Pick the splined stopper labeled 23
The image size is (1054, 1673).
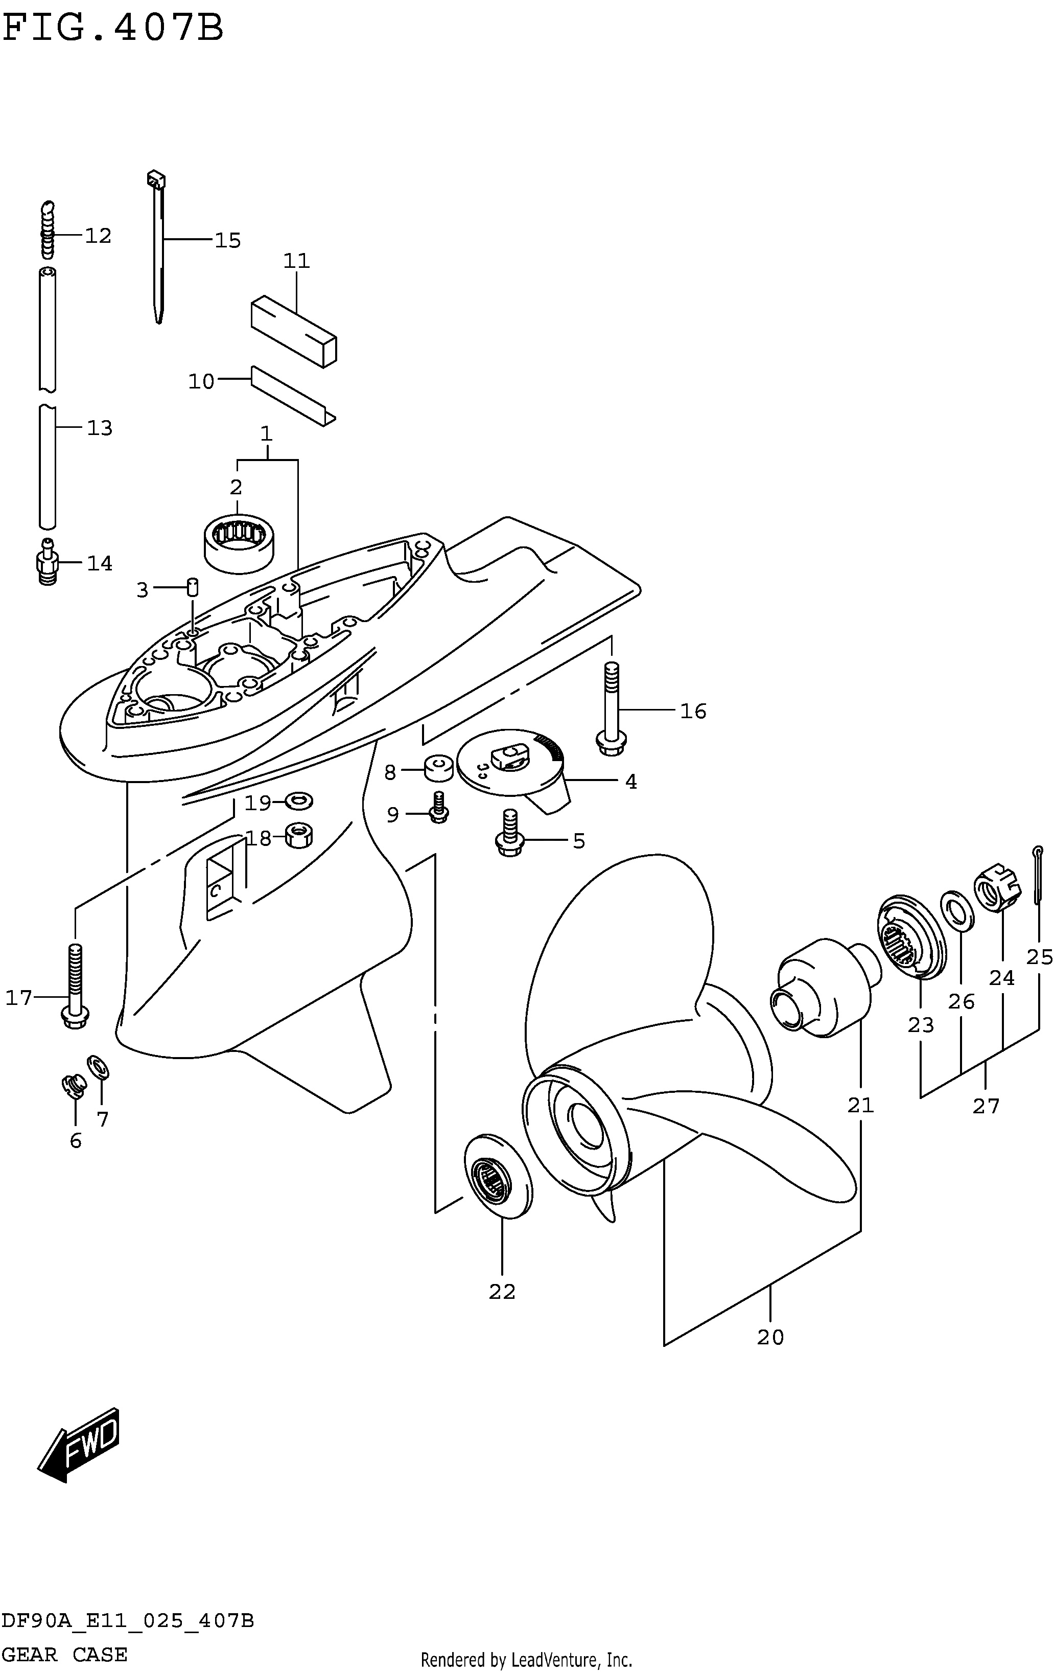click(911, 938)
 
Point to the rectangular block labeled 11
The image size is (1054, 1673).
click(294, 330)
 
